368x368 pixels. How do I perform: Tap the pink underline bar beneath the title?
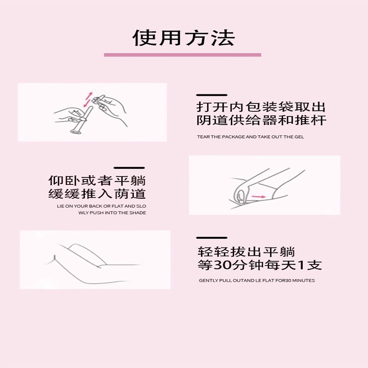click(183, 55)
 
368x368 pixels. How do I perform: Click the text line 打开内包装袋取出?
click(261, 108)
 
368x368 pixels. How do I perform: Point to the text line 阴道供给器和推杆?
click(261, 121)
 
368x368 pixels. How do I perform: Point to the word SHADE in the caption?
click(139, 213)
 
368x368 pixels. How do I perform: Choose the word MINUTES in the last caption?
click(304, 280)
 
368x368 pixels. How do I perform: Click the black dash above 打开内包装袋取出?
click(212, 95)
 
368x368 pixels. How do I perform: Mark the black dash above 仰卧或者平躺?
click(129, 168)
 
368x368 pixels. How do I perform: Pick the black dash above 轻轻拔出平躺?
click(212, 238)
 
